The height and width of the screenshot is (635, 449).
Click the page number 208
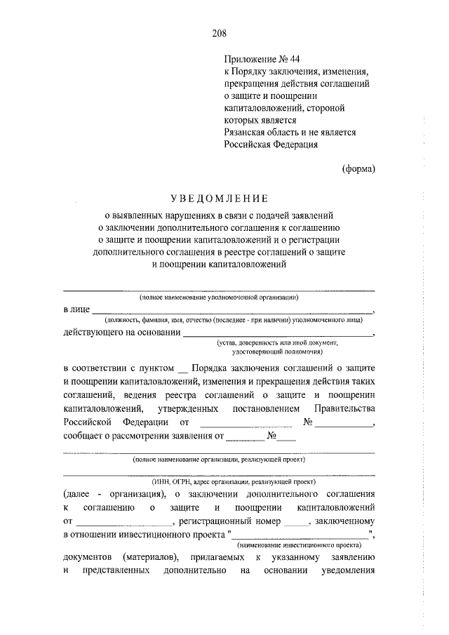(224, 32)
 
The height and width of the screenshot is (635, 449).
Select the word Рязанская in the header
(246, 132)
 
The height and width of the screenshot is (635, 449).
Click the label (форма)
(358, 169)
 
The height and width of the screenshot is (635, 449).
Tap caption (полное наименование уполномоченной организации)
(219, 298)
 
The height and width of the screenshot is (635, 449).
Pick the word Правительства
(344, 408)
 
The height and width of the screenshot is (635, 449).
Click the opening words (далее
(77, 494)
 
